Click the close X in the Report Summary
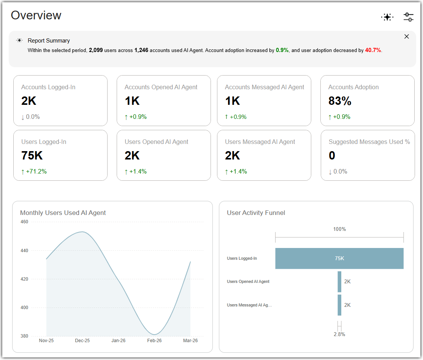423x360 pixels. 407,36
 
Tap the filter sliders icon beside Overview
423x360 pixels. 409,17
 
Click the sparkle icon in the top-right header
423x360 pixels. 387,17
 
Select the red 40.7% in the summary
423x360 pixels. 373,50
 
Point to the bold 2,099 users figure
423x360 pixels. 96,50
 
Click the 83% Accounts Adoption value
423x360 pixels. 340,101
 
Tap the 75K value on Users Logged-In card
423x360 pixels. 32,155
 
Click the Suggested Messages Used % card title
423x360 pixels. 369,142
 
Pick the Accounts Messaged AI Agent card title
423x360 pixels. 265,87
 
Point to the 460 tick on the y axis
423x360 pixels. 24,222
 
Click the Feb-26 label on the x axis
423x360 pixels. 154,341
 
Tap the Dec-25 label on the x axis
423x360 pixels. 82,341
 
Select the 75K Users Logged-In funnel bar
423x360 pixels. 339,258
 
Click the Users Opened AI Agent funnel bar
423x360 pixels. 339,282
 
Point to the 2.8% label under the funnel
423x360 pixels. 339,335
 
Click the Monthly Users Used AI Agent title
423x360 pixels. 63,213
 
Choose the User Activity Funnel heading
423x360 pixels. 256,213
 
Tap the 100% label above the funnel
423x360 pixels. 339,229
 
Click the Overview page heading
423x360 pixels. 36,15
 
